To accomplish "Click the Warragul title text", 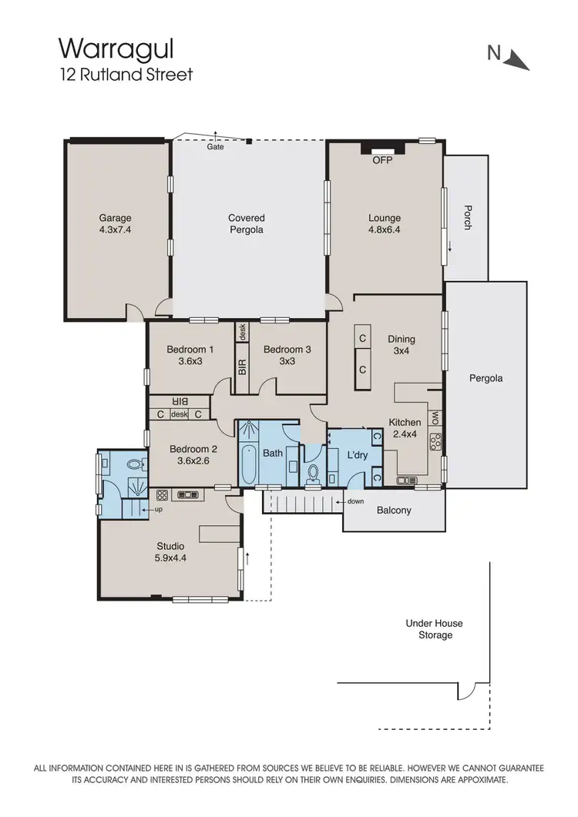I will click(x=116, y=49).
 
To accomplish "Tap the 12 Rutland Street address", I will click(x=126, y=75).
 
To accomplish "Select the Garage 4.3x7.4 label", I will click(x=115, y=223).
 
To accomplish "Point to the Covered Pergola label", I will click(x=247, y=224).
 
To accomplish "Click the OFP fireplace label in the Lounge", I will click(x=382, y=161).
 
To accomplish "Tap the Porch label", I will click(x=466, y=218).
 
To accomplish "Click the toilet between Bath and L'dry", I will click(x=313, y=472).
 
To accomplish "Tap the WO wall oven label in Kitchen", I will click(x=435, y=417).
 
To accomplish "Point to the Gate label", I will click(x=216, y=146).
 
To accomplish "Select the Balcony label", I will click(x=393, y=511).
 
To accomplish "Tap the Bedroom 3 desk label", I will click(x=242, y=332).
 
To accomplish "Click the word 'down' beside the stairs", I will click(x=355, y=501).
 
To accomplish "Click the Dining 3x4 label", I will click(x=402, y=344).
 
